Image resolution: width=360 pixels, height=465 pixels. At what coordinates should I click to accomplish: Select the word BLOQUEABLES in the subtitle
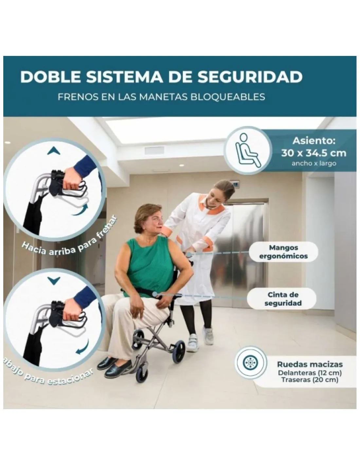click(x=227, y=97)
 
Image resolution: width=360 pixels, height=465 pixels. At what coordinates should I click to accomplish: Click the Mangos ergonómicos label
click(x=283, y=251)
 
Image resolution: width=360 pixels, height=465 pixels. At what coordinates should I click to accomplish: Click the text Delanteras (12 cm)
click(x=310, y=373)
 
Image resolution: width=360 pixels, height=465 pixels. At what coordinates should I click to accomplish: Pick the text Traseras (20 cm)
click(x=310, y=380)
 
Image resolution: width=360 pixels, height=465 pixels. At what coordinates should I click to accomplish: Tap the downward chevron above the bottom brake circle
click(x=54, y=280)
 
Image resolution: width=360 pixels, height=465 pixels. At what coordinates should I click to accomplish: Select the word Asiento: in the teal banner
click(x=314, y=141)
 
